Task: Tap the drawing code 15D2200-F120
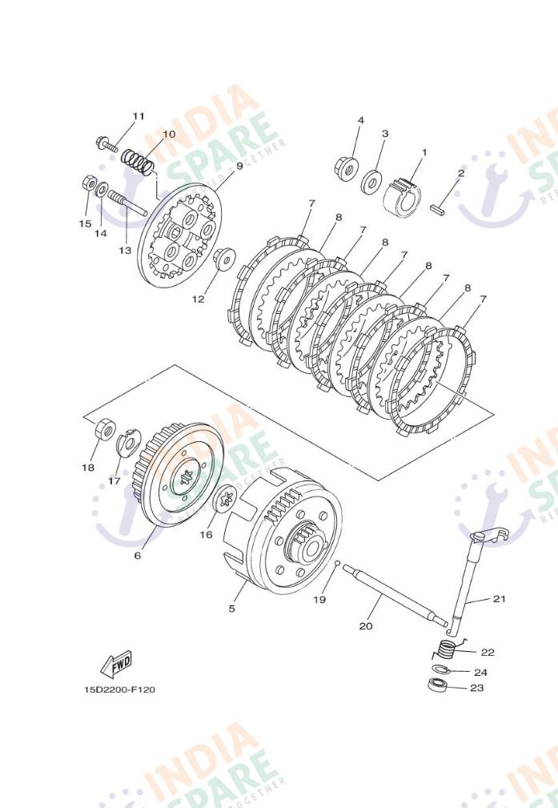pos(119,689)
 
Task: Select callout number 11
pos(138,116)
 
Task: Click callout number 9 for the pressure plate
pos(239,166)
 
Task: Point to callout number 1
pos(424,152)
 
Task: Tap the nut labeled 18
pos(104,429)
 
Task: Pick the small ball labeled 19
pos(339,564)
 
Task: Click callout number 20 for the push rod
pos(365,626)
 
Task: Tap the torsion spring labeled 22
pos(447,649)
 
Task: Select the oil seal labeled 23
pos(438,685)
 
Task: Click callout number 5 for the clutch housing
pos(232,609)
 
